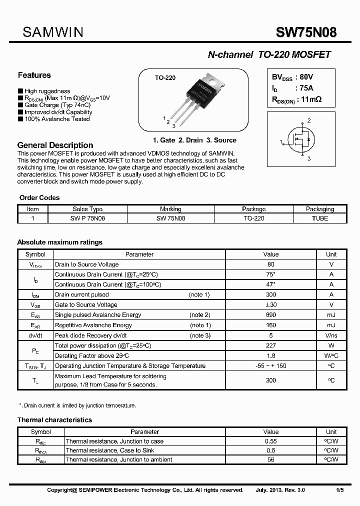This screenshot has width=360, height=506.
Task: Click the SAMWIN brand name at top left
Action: pyautogui.click(x=53, y=33)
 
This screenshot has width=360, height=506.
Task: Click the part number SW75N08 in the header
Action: pyautogui.click(x=306, y=33)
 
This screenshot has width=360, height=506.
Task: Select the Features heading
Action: pyautogui.click(x=34, y=75)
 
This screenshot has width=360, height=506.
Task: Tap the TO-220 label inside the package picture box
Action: pyautogui.click(x=164, y=78)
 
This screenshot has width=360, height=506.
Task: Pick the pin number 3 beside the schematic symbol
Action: pyautogui.click(x=309, y=158)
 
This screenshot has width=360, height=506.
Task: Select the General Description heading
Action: pyautogui.click(x=55, y=145)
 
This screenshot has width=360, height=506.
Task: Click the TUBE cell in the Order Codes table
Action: pyautogui.click(x=320, y=218)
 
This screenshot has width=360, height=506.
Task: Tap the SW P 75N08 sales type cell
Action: pyautogui.click(x=87, y=218)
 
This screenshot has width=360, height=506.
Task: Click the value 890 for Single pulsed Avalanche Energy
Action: pyautogui.click(x=270, y=315)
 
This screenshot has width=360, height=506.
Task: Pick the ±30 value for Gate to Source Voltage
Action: pyautogui.click(x=270, y=304)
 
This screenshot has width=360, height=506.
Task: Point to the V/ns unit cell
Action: pyautogui.click(x=331, y=335)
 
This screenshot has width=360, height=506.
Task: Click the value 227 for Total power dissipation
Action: pyautogui.click(x=270, y=345)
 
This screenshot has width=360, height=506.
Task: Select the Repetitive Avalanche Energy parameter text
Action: pyautogui.click(x=93, y=325)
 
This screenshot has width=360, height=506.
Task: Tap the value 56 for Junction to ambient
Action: pyautogui.click(x=270, y=459)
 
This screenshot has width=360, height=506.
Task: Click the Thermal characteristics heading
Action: pyautogui.click(x=54, y=420)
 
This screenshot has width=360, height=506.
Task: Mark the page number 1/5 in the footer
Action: pyautogui.click(x=339, y=490)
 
